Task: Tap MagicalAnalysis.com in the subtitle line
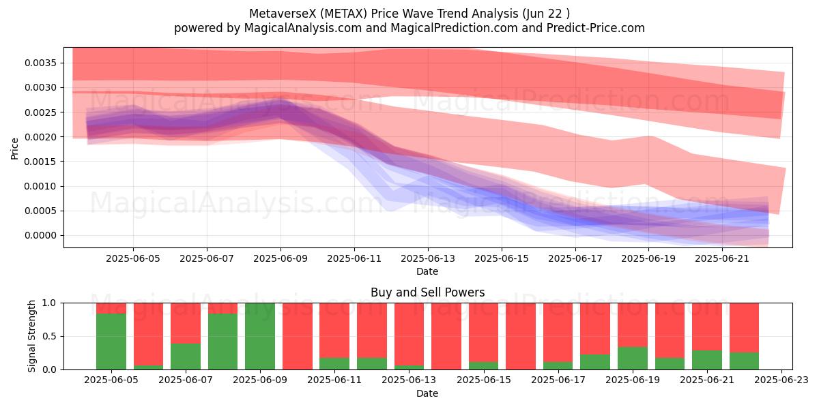coord(303,28)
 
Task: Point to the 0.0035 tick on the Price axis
coord(40,63)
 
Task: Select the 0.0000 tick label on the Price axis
coord(40,236)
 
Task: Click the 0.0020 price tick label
coord(40,137)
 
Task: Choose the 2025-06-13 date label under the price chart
coord(428,258)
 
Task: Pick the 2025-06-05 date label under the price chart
coord(133,258)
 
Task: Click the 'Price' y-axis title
coord(14,149)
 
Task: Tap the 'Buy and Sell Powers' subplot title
coord(427,292)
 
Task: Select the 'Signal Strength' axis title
coord(32,336)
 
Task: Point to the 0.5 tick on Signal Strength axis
coord(49,336)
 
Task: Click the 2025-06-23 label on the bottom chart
coord(781,380)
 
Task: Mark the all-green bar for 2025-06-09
coord(260,336)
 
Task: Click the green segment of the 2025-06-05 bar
coord(111,342)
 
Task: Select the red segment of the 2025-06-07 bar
coord(186,323)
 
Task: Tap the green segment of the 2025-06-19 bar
coord(633,358)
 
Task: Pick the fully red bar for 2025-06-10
coord(298,336)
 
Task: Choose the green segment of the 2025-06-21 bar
coord(707,360)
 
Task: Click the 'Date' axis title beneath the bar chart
coord(427,393)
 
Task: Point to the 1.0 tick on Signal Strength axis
coord(49,303)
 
